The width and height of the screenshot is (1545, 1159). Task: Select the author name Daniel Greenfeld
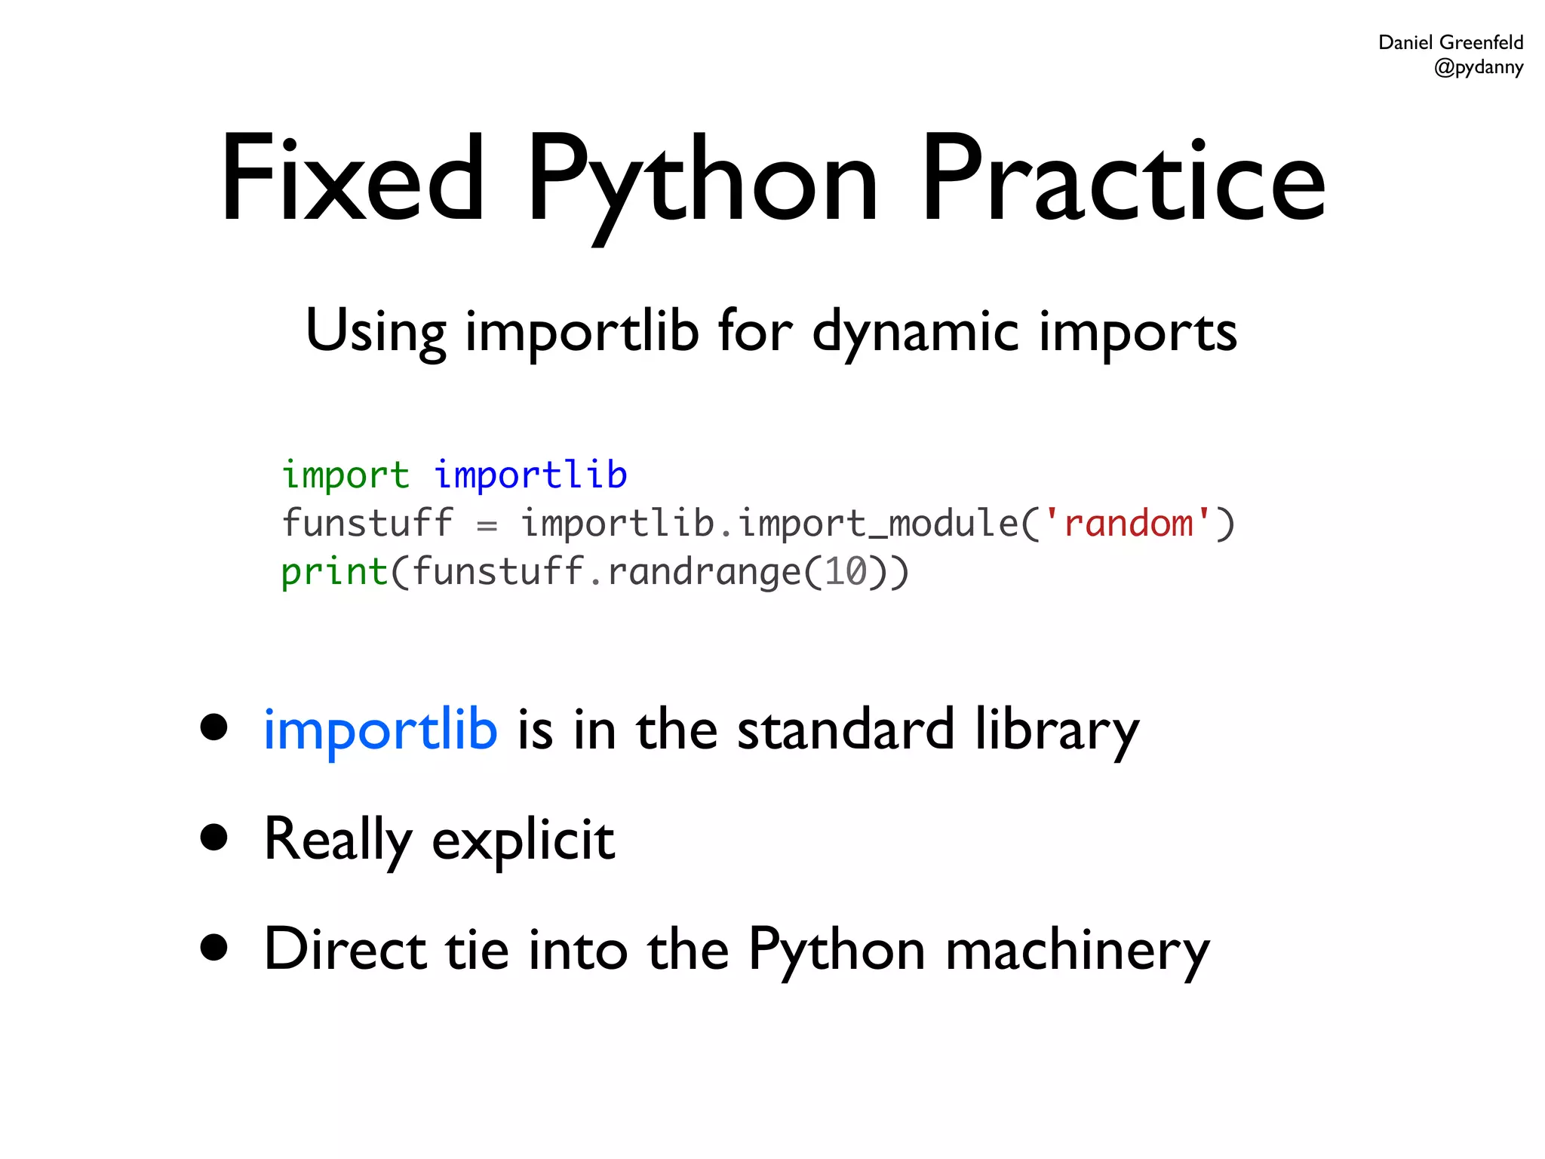pos(1450,42)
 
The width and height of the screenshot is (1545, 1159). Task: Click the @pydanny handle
pos(1478,67)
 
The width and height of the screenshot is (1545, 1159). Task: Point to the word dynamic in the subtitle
pos(915,332)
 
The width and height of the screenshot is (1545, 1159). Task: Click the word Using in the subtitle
pos(376,332)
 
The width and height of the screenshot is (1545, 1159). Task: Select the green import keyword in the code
pos(346,475)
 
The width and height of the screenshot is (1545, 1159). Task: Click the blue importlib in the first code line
pos(530,475)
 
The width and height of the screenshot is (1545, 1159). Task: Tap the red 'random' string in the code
pos(1128,523)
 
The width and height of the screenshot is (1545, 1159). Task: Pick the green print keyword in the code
pos(334,571)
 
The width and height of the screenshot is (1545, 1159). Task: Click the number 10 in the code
pos(845,571)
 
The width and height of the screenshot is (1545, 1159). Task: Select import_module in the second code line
pos(878,523)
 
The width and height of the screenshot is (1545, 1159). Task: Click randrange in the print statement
pos(704,571)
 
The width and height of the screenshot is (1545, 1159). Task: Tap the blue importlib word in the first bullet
pos(380,730)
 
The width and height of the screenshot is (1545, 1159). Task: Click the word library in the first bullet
pos(1056,730)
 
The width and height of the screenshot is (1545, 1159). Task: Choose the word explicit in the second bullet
pos(523,840)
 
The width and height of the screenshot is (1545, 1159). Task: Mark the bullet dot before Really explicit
pos(214,837)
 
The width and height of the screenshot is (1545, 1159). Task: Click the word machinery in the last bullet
pos(1077,950)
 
